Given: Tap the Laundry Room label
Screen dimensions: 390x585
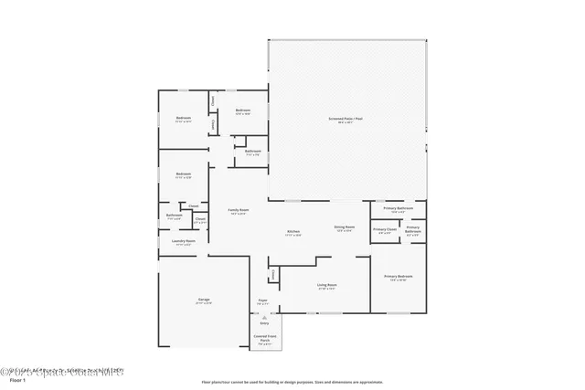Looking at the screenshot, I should point(183,242).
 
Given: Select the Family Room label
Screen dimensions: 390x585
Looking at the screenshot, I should point(239,211).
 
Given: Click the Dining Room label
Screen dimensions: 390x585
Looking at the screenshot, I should point(344,227).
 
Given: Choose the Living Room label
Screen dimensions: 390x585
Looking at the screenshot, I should point(327,287).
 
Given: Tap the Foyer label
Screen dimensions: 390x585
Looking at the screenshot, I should point(261,300).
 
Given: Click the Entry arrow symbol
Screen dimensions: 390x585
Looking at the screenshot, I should point(265,316).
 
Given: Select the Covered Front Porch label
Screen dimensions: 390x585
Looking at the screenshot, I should point(264,341).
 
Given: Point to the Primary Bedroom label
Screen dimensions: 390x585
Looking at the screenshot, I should point(399,278).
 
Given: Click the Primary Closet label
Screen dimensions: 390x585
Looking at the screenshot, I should point(385,230).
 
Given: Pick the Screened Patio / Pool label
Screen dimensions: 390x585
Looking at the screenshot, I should point(346,120).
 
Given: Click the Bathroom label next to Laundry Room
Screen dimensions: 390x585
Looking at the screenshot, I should point(174,216).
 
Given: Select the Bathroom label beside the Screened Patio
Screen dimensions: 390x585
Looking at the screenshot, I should point(253,153).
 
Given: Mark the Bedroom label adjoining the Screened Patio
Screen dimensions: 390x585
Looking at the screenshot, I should point(242,111).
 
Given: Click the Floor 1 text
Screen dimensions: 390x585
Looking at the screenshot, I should point(15,381).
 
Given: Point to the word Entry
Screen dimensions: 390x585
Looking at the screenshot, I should point(265,323).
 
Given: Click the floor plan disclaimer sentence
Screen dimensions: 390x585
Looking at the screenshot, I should point(292,381).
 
